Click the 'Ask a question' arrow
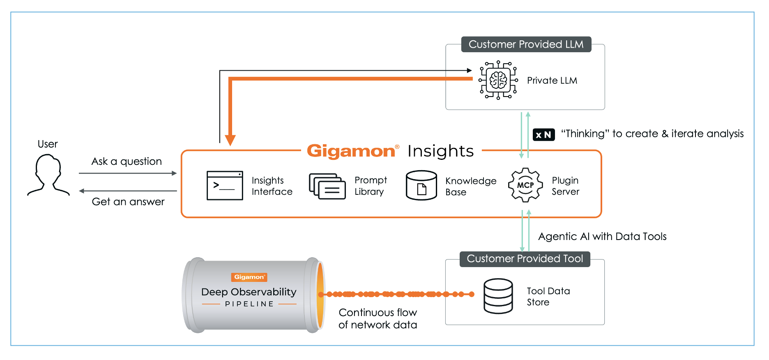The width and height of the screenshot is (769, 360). pyautogui.click(x=127, y=173)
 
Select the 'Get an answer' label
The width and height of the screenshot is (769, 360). pyautogui.click(x=128, y=202)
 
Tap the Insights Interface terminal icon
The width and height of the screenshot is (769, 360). pyautogui.click(x=225, y=186)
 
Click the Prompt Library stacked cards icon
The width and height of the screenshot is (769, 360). pyautogui.click(x=327, y=186)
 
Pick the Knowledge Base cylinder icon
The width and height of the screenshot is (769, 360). pyautogui.click(x=421, y=185)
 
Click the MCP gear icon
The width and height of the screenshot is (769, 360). pyautogui.click(x=525, y=185)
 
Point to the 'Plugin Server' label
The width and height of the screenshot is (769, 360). pyautogui.click(x=565, y=186)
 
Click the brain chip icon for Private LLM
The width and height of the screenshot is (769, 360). pyautogui.click(x=498, y=80)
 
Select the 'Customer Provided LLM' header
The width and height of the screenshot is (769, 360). pyautogui.click(x=526, y=44)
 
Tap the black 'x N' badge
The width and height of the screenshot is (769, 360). pyautogui.click(x=543, y=135)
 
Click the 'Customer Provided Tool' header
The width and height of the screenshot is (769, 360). pyautogui.click(x=525, y=259)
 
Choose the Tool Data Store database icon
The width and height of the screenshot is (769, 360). pyautogui.click(x=498, y=296)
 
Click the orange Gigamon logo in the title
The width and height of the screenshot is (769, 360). pyautogui.click(x=351, y=151)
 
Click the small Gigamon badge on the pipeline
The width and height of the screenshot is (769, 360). pyautogui.click(x=249, y=277)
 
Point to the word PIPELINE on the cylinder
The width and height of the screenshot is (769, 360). pyautogui.click(x=249, y=304)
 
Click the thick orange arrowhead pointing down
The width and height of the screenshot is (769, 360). pyautogui.click(x=230, y=140)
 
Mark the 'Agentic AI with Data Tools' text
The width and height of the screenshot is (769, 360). pyautogui.click(x=602, y=237)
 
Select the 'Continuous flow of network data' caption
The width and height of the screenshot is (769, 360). pyautogui.click(x=378, y=318)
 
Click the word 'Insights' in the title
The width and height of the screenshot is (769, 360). pyautogui.click(x=440, y=151)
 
